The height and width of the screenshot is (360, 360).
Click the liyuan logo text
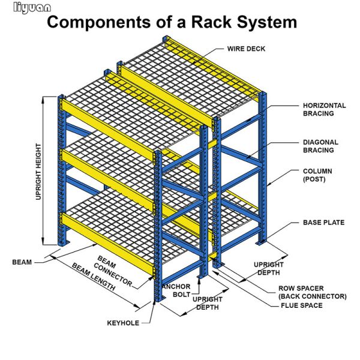pyautogui.click(x=27, y=8)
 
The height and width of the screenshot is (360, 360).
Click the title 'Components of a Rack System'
pyautogui.click(x=172, y=23)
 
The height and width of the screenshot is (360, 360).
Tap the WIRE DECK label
pyautogui.click(x=246, y=49)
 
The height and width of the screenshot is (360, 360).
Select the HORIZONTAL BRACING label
pyautogui.click(x=324, y=109)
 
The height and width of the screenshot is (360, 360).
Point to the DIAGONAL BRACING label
pyautogui.click(x=320, y=146)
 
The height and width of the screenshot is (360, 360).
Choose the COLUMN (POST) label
pyautogui.click(x=319, y=175)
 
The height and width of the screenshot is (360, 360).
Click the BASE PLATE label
pyautogui.click(x=323, y=223)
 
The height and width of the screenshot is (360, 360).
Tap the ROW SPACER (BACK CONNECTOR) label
pyautogui.click(x=312, y=292)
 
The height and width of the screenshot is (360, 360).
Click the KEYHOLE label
pyautogui.click(x=123, y=323)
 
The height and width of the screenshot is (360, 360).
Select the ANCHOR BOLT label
pyautogui.click(x=176, y=290)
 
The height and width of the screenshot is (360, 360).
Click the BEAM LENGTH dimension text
pyautogui.click(x=93, y=277)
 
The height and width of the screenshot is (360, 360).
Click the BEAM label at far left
pyautogui.click(x=22, y=262)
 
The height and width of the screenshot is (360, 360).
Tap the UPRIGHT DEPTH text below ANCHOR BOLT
pyautogui.click(x=207, y=304)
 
